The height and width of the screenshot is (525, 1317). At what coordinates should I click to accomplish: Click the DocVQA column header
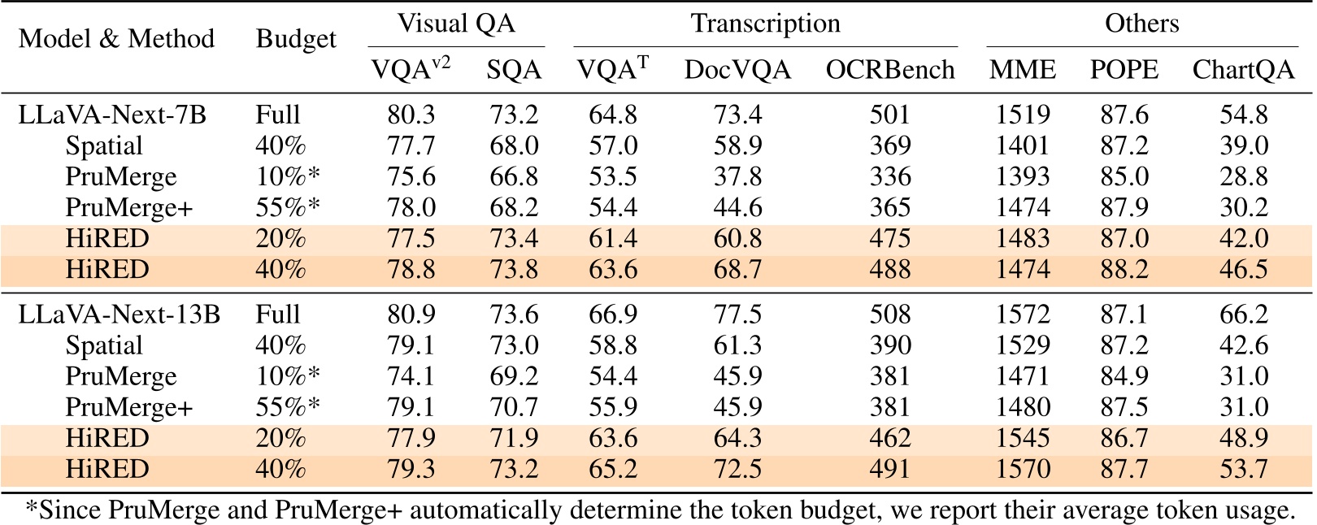[x=737, y=71]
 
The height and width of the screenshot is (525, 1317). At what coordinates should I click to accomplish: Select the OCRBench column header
[x=889, y=71]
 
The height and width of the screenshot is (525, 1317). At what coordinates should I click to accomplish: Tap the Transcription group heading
[x=765, y=24]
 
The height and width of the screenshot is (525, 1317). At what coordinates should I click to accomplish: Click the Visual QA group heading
[x=456, y=24]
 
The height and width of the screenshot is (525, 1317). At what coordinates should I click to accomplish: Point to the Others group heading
[x=1141, y=24]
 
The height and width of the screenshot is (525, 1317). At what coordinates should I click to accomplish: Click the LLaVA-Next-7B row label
[x=112, y=115]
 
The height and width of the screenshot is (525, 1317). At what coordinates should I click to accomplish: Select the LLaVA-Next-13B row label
[x=119, y=315]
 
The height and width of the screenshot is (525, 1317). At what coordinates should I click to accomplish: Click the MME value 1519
[x=1023, y=115]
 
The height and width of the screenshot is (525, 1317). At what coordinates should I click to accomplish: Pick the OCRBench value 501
[x=889, y=115]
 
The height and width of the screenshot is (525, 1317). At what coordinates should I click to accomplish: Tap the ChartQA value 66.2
[x=1244, y=315]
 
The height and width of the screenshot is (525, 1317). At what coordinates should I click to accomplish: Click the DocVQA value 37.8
[x=737, y=176]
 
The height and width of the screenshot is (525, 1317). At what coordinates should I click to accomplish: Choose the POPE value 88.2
[x=1124, y=269]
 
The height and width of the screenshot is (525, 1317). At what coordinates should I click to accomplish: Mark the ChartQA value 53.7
[x=1244, y=469]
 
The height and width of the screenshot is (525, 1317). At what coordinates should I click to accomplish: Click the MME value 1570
[x=1023, y=469]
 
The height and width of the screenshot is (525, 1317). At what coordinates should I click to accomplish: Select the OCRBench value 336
[x=889, y=176]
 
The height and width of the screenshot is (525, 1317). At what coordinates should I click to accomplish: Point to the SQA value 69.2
[x=514, y=376]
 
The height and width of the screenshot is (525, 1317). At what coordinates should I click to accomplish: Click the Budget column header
[x=296, y=39]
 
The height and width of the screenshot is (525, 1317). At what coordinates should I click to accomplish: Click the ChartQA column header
[x=1243, y=71]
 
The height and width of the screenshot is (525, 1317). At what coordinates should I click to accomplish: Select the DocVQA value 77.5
[x=737, y=315]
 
